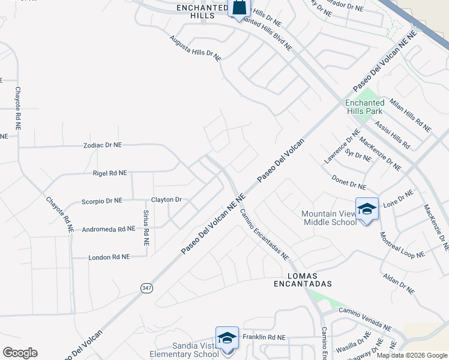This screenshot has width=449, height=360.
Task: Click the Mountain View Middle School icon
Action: tap(367, 209)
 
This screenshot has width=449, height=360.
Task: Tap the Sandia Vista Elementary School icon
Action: tap(228, 338)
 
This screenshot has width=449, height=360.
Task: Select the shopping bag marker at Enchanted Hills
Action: tap(239, 8)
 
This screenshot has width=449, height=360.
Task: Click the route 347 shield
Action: tap(146, 289)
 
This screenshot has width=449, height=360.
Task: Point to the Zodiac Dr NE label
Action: tap(102, 145)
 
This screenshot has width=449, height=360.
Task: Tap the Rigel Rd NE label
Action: tap(110, 173)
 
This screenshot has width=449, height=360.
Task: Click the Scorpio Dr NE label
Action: tap(101, 200)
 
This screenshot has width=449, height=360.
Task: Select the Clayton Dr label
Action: tap(166, 199)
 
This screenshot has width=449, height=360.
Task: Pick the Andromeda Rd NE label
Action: tap(109, 229)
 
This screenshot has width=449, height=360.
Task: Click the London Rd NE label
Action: tap(109, 257)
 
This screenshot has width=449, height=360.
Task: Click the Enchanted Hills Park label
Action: tap(364, 107)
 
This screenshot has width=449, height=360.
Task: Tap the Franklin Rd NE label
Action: tap(264, 337)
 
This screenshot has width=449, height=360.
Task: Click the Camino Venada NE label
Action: tap(365, 319)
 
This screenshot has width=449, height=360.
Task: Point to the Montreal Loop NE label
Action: tap(402, 245)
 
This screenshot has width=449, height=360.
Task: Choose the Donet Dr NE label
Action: tap(349, 182)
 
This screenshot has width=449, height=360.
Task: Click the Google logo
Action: tap(20, 353)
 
